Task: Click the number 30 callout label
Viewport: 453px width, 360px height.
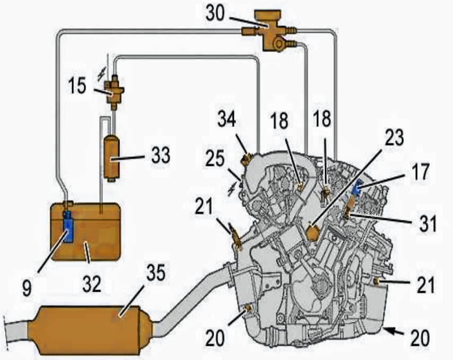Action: pyautogui.click(x=215, y=13)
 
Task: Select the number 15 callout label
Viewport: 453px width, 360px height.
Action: pyautogui.click(x=77, y=85)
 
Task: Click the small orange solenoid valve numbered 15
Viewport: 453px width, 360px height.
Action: pyautogui.click(x=115, y=92)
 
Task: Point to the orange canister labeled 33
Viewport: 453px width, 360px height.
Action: pyautogui.click(x=111, y=158)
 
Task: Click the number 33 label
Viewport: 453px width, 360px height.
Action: pyautogui.click(x=161, y=155)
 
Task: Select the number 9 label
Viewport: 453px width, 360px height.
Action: pyautogui.click(x=27, y=288)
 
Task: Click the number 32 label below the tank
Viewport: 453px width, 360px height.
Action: pyautogui.click(x=92, y=284)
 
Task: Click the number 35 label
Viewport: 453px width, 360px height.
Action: pyautogui.click(x=156, y=272)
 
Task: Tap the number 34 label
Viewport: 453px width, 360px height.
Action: pyautogui.click(x=227, y=118)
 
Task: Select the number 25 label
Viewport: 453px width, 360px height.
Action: pyautogui.click(x=215, y=159)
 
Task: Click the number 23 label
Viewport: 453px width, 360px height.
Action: pyautogui.click(x=394, y=137)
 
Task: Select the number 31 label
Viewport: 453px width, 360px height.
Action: pyautogui.click(x=428, y=223)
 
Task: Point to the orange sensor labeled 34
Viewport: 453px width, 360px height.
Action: pyautogui.click(x=246, y=160)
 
